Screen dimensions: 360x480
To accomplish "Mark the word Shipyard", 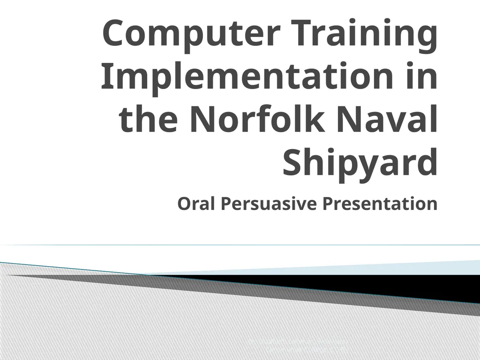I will coord(360,162).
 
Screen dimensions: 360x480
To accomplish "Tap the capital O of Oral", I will coord(184,204).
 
